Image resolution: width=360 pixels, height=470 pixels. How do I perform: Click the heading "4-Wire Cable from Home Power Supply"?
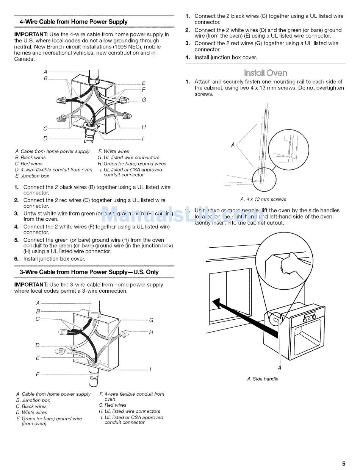pos(74,22)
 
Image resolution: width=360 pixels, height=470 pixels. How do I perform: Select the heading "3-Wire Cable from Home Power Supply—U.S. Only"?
pos(89,272)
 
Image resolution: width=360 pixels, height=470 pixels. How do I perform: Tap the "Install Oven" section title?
pos(266,73)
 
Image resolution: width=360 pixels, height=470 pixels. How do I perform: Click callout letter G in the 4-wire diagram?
pos(144,100)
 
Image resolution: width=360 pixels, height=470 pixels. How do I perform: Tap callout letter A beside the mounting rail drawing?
pos(233,144)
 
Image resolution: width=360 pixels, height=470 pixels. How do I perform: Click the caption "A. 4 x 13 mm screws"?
pos(263,199)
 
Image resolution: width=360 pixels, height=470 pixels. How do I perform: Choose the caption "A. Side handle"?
pos(263,379)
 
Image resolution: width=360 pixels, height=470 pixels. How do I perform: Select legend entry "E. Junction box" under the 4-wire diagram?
pos(32,176)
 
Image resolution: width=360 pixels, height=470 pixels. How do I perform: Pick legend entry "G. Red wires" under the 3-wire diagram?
pos(113,405)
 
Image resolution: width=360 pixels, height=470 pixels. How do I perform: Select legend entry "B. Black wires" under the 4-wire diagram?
pos(30,158)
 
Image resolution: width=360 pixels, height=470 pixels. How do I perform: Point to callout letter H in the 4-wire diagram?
pos(144,127)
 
